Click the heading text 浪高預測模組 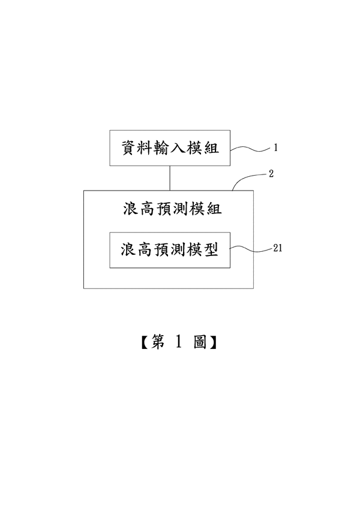[170, 209]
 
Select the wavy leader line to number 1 [250, 147]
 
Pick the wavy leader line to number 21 [249, 248]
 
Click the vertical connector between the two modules [170, 177]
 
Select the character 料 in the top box [146, 147]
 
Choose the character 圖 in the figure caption [200, 342]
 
